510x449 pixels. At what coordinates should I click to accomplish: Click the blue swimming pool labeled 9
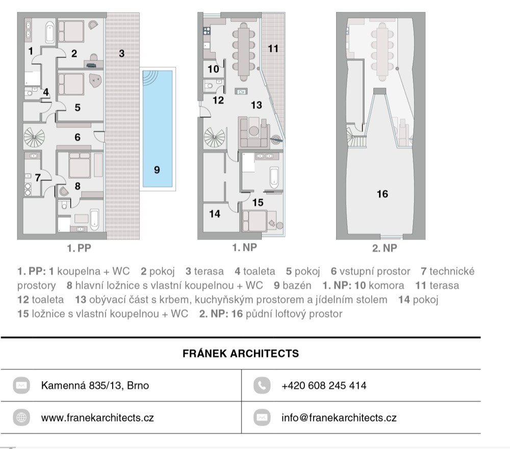[x=158, y=129]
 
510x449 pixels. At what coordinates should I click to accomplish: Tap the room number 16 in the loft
[x=382, y=194]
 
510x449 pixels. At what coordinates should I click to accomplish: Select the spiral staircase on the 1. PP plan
[x=34, y=137]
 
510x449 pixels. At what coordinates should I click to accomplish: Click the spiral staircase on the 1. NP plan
[x=214, y=138]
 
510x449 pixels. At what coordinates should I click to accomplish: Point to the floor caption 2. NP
[x=385, y=248]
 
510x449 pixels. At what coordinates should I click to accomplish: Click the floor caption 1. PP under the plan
[x=79, y=248]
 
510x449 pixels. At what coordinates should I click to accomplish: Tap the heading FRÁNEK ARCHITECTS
[x=241, y=353]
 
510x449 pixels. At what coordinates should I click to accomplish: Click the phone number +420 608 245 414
[x=324, y=386]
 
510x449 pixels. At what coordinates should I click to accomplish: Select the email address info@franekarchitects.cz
[x=339, y=418]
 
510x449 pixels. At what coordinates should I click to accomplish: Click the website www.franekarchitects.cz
[x=97, y=418]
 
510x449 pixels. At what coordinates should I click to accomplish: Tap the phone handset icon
[x=262, y=385]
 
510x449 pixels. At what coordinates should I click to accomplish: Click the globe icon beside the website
[x=21, y=417]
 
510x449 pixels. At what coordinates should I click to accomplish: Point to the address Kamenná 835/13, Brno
[x=95, y=386]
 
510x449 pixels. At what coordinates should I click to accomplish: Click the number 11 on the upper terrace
[x=273, y=49]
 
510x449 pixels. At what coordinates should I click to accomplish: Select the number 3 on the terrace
[x=122, y=54]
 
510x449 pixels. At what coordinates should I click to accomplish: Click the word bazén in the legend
[x=297, y=285]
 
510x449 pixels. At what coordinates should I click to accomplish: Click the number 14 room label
[x=215, y=214]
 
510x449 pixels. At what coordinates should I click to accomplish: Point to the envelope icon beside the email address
[x=262, y=417]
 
